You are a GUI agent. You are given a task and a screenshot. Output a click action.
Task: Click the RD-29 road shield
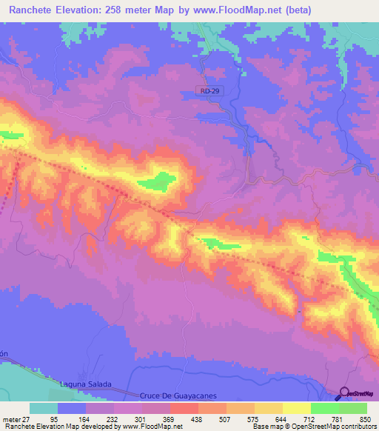click(x=209, y=90)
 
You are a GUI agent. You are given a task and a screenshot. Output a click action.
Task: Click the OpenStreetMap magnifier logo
click(x=344, y=393)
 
